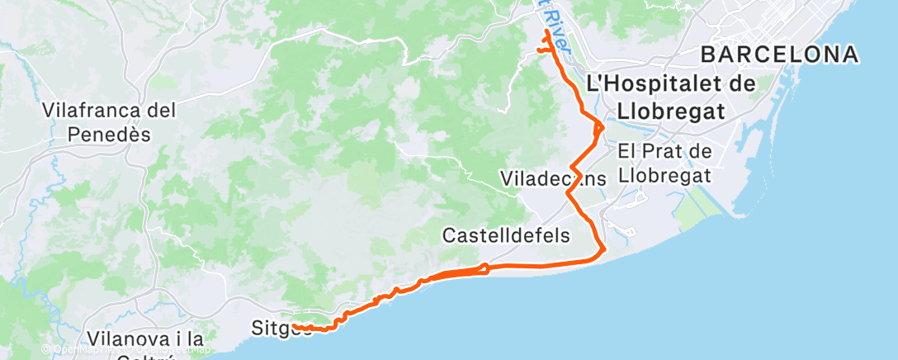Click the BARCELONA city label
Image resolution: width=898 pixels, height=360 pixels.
(x=779, y=55)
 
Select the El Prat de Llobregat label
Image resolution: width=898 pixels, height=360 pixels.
(x=664, y=163)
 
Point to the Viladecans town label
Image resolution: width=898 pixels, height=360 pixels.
(x=553, y=178)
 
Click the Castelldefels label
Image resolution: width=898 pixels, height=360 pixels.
(x=506, y=235)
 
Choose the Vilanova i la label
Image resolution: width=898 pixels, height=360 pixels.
(x=144, y=339)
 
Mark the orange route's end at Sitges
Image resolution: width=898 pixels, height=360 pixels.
(x=294, y=327)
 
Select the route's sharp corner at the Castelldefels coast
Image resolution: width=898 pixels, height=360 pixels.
(x=605, y=249)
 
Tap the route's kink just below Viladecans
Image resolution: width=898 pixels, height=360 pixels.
(x=568, y=193)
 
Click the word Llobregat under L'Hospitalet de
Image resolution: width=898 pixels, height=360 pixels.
(x=669, y=111)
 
